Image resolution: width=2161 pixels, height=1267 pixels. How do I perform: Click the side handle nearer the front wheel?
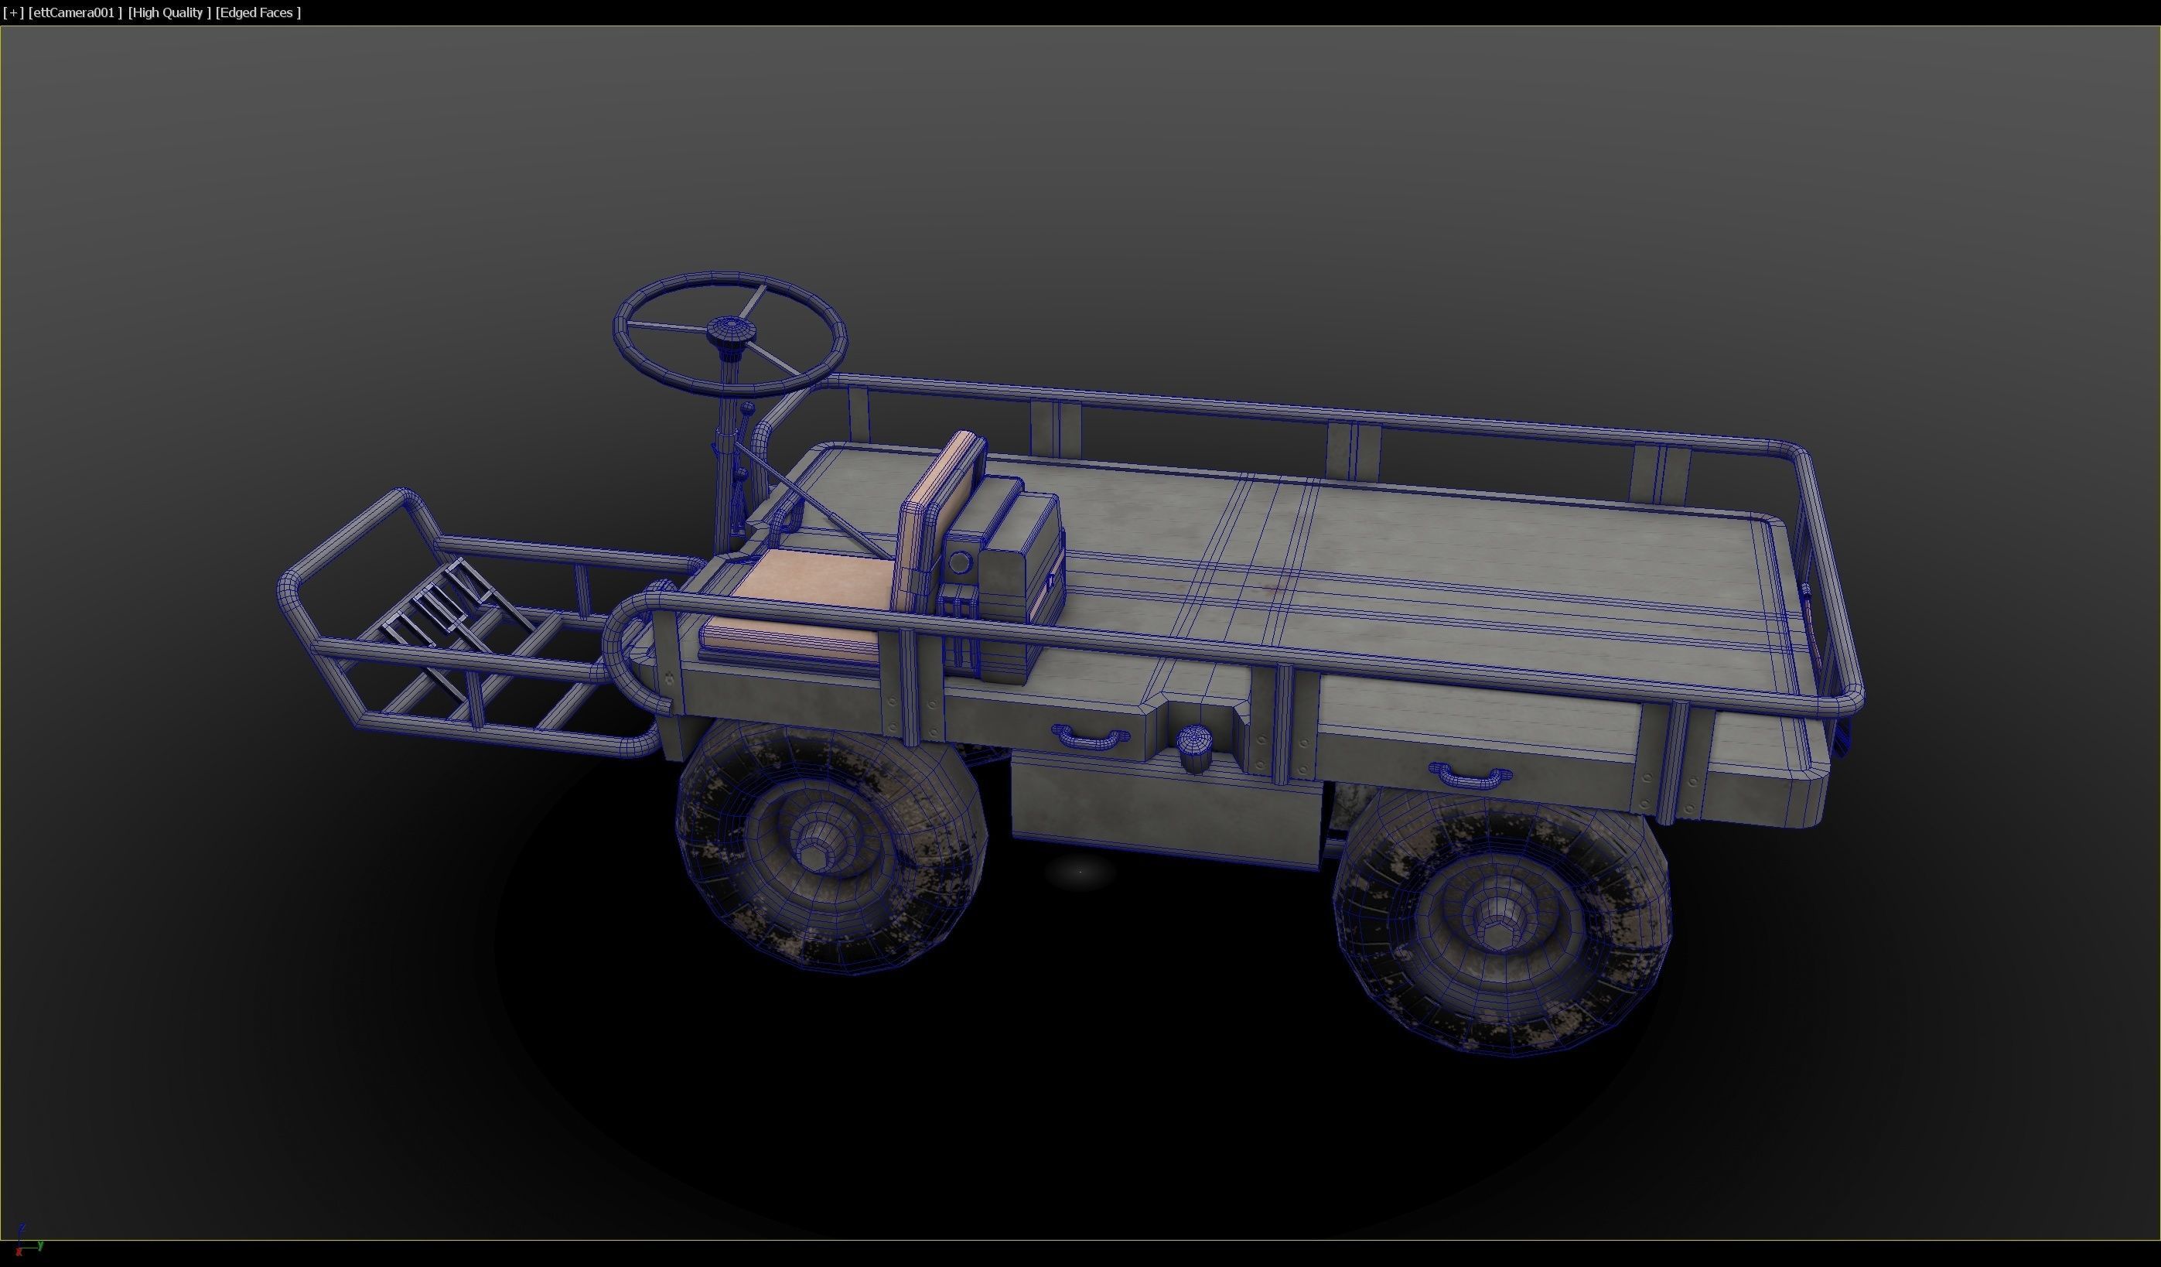click(x=1089, y=735)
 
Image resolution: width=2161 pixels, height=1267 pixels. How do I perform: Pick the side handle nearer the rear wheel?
click(x=1470, y=776)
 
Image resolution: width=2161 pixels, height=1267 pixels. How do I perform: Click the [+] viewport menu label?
click(x=13, y=13)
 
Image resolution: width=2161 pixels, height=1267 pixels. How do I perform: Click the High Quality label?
click(x=169, y=13)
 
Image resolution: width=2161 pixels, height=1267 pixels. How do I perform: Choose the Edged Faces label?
click(x=258, y=13)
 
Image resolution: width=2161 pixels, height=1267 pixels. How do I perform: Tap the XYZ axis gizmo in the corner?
click(x=24, y=1243)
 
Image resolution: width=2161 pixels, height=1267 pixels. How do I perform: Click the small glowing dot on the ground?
click(x=1080, y=872)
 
